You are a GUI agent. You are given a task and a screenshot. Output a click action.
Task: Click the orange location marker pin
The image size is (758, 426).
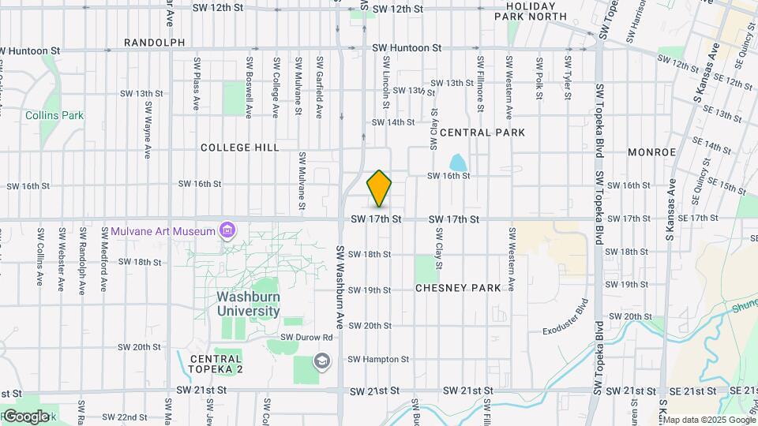click(380, 189)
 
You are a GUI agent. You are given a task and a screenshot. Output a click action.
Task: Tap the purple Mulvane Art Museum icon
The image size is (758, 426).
click(227, 231)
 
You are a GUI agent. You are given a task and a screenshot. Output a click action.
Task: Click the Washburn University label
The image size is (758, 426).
click(249, 304)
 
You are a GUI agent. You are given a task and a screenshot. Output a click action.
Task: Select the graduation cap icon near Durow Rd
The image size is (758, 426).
click(321, 361)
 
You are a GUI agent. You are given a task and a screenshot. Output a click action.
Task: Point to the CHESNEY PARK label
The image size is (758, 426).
click(458, 288)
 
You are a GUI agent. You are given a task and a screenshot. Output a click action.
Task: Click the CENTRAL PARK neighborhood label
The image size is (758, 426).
click(482, 133)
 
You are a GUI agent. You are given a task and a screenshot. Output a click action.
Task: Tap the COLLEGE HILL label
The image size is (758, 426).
click(239, 148)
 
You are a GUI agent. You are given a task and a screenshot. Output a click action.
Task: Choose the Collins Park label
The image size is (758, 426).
click(54, 115)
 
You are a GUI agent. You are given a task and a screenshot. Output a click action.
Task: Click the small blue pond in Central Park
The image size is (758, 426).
click(457, 163)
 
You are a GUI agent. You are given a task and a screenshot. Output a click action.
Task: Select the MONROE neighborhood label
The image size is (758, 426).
click(651, 151)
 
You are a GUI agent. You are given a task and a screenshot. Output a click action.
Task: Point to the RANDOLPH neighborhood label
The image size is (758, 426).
click(154, 43)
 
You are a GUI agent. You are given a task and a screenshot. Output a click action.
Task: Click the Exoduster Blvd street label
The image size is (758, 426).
click(565, 317)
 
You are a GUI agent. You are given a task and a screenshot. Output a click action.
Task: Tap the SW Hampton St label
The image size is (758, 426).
click(378, 359)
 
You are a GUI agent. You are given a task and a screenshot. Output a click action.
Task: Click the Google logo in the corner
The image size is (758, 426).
click(25, 416)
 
